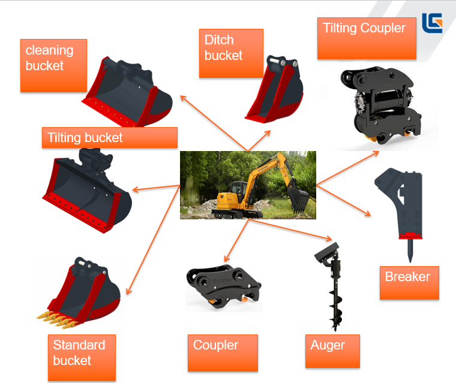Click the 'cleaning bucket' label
53,65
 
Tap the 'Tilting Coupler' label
366,38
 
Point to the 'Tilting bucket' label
110,138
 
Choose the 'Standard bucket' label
81,358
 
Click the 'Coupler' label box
223,352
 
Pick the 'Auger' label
332,351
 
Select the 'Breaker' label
409,283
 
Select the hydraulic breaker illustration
401,204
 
